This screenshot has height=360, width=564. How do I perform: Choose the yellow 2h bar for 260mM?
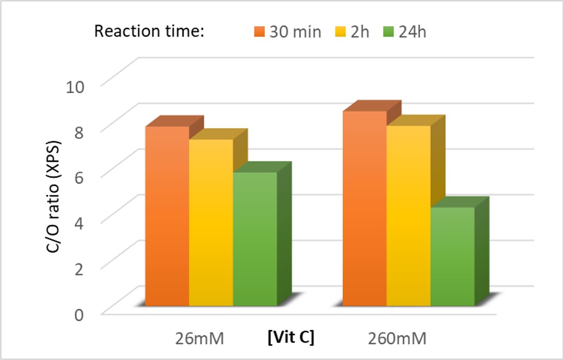[409, 215]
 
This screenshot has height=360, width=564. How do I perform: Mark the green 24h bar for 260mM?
[452, 256]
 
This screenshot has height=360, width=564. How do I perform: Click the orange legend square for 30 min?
[259, 32]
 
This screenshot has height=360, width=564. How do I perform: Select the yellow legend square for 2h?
[343, 32]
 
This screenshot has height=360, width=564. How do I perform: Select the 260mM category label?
[396, 339]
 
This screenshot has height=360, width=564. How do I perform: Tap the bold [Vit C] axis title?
[291, 338]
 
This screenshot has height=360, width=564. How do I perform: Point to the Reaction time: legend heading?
[149, 31]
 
